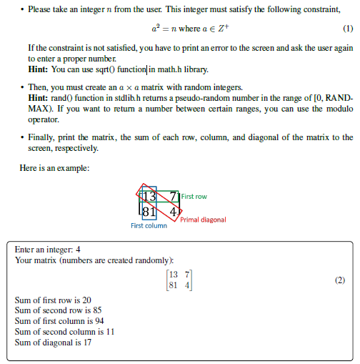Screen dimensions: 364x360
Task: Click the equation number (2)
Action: [x=340, y=280]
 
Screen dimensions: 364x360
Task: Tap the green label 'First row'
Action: [x=194, y=197]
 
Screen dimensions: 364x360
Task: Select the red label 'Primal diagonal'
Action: [x=203, y=220]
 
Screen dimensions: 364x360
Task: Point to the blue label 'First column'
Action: [x=149, y=226]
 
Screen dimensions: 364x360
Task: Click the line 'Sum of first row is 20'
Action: [x=53, y=300]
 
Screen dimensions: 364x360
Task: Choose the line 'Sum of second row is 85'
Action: [x=58, y=310]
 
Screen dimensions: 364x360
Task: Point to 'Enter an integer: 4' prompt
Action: [x=47, y=250]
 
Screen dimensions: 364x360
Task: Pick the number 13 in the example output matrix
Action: [x=172, y=275]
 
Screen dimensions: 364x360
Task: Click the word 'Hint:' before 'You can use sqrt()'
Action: [x=38, y=69]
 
